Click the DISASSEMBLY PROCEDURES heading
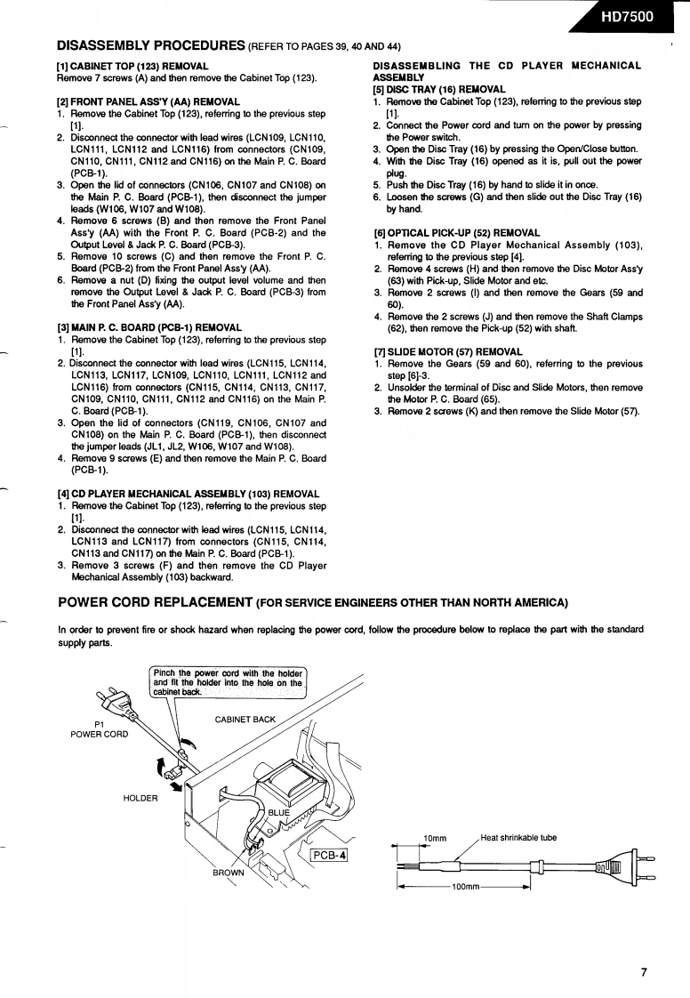click(151, 44)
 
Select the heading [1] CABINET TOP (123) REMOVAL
click(132, 66)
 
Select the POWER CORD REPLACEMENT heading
click(156, 602)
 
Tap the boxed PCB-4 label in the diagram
click(328, 856)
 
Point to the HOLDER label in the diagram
click(140, 797)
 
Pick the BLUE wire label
click(279, 812)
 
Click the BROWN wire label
click(229, 873)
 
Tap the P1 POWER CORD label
click(99, 728)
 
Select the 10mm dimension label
click(435, 838)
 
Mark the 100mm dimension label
click(465, 887)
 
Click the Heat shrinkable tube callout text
click(517, 837)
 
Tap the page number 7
click(643, 971)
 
